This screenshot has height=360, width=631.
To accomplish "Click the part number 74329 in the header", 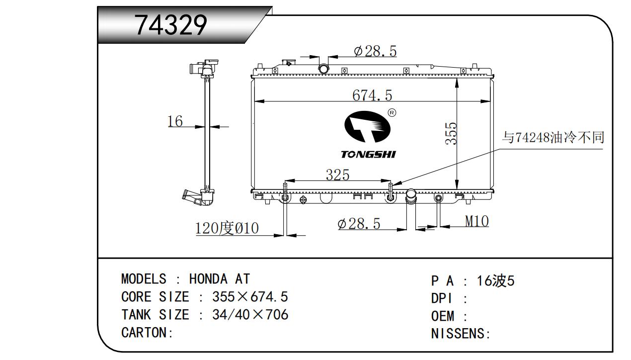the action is pos(171,25).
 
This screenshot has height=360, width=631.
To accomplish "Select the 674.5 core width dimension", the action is pos(372,95).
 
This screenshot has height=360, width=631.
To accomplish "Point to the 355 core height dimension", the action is pos(451,134).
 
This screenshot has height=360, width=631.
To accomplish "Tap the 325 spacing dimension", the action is pos(337,175).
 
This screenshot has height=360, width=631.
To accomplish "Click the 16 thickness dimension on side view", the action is pos(175,121).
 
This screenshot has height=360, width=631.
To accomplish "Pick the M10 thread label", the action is pos(476,221).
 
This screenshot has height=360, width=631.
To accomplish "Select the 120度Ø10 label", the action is pos(227,228).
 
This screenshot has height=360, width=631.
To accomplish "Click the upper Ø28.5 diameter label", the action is pos(375,51).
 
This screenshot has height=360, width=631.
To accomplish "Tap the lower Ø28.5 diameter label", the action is pos(359,224).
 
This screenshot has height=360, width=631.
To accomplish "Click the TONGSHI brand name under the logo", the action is pos(368,155).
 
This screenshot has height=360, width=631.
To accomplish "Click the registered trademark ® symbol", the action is pos(392,113).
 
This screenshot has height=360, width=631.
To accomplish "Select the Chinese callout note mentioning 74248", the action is pos(553,138).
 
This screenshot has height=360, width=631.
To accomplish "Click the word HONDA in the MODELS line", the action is pos(208,279).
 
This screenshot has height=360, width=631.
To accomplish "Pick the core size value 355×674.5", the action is pos(250,297).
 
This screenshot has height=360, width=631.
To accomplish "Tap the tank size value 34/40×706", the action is pos(250,315).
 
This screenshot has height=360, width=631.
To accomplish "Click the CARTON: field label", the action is pos(147,333).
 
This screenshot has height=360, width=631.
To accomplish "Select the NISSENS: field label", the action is pos(461,334).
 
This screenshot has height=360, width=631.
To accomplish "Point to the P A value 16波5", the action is pos(495,281).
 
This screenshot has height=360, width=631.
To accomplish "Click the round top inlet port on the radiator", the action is pos(323,68).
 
